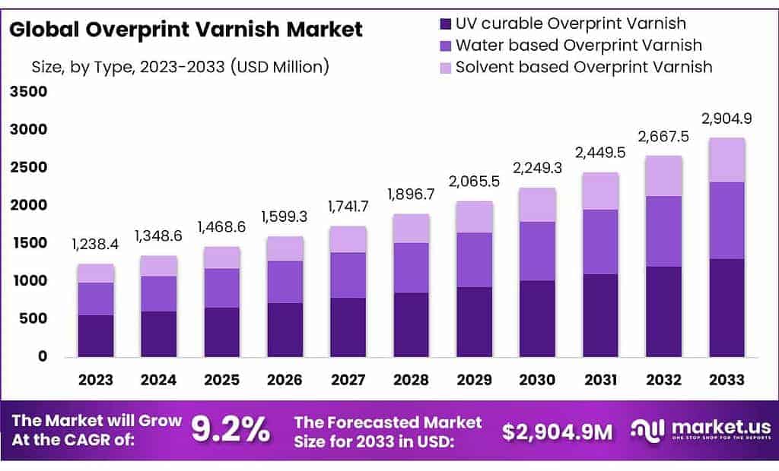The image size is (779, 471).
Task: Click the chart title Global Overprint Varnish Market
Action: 186,30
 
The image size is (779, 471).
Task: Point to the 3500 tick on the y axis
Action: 29,92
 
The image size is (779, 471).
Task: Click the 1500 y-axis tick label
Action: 29,243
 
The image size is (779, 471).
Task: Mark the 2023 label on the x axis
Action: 95,379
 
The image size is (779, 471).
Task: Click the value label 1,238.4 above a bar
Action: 95,244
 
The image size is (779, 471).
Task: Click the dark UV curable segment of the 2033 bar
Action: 727,308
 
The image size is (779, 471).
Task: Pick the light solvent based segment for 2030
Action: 537,204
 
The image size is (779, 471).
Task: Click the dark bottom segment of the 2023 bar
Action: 95,336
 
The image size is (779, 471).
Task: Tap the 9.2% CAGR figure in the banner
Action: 230,431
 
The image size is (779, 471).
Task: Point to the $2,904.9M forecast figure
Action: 557,431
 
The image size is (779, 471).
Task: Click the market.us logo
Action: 701,430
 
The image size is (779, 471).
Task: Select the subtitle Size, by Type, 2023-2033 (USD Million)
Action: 180,67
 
